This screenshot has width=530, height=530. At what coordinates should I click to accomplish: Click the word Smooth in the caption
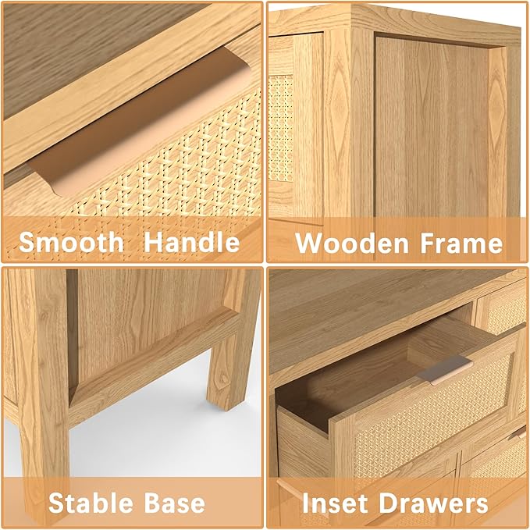(71, 242)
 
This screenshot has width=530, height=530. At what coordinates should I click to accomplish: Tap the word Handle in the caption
(192, 242)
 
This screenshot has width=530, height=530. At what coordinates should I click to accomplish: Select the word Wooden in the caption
(352, 243)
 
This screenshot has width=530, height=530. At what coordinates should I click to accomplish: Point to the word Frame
(461, 243)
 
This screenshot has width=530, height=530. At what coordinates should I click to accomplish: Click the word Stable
(91, 503)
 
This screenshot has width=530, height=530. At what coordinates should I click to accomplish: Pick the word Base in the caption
(175, 503)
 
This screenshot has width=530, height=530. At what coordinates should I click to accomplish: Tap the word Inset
(335, 503)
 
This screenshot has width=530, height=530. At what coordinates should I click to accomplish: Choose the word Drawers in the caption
(434, 503)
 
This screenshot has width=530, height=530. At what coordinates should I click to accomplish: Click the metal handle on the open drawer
(444, 370)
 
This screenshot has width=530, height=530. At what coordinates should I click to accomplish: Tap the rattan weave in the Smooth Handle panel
(176, 169)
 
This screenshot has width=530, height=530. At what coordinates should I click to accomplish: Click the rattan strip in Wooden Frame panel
(280, 129)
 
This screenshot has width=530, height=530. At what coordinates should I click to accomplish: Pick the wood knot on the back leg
(222, 376)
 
